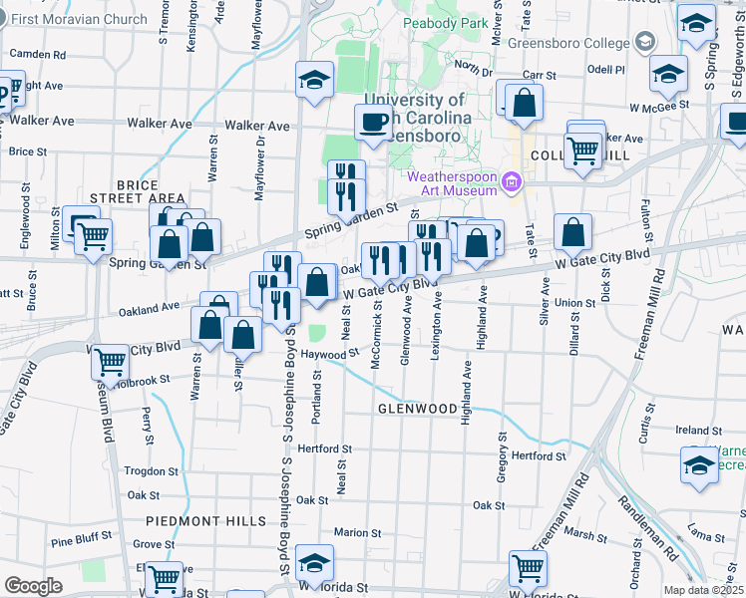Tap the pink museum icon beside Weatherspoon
[512, 181]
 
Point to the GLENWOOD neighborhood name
[416, 409]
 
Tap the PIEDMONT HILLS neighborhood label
[206, 521]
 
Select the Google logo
[33, 586]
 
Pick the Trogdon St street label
[150, 471]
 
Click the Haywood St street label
[329, 354]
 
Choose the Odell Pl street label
[605, 70]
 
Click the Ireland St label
[691, 430]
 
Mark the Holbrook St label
[145, 380]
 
